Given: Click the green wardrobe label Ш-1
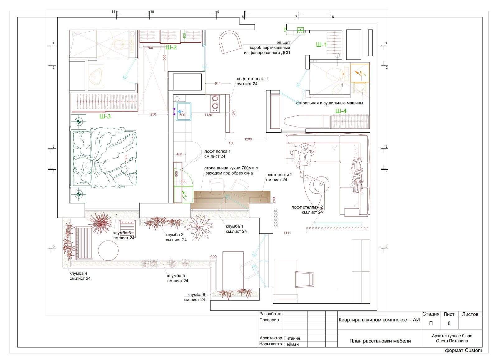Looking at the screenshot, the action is click(321, 45).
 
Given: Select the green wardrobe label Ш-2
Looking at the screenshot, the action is click(171, 47).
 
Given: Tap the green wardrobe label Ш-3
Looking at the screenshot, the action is click(105, 116).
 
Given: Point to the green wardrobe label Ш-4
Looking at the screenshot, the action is click(341, 111).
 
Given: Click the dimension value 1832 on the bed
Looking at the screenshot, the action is click(126, 158).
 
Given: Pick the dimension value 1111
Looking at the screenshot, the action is click(287, 233).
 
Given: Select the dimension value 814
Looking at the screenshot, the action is click(218, 84).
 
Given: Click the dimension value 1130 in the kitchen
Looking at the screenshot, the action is click(208, 115).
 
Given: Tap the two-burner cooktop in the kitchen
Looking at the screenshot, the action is click(215, 103).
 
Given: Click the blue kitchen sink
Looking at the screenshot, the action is click(184, 112).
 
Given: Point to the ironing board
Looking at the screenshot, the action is click(306, 121).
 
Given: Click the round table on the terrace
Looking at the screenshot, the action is click(108, 251).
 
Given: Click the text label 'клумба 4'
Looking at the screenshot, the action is click(78, 273).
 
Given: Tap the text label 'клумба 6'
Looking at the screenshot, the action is click(196, 294).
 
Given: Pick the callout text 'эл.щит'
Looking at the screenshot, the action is click(283, 42).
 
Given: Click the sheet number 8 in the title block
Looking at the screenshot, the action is click(449, 323).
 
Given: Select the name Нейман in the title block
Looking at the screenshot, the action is click(291, 344).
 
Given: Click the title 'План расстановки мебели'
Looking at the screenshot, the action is click(380, 341).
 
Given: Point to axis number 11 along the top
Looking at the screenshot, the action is click(113, 11).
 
